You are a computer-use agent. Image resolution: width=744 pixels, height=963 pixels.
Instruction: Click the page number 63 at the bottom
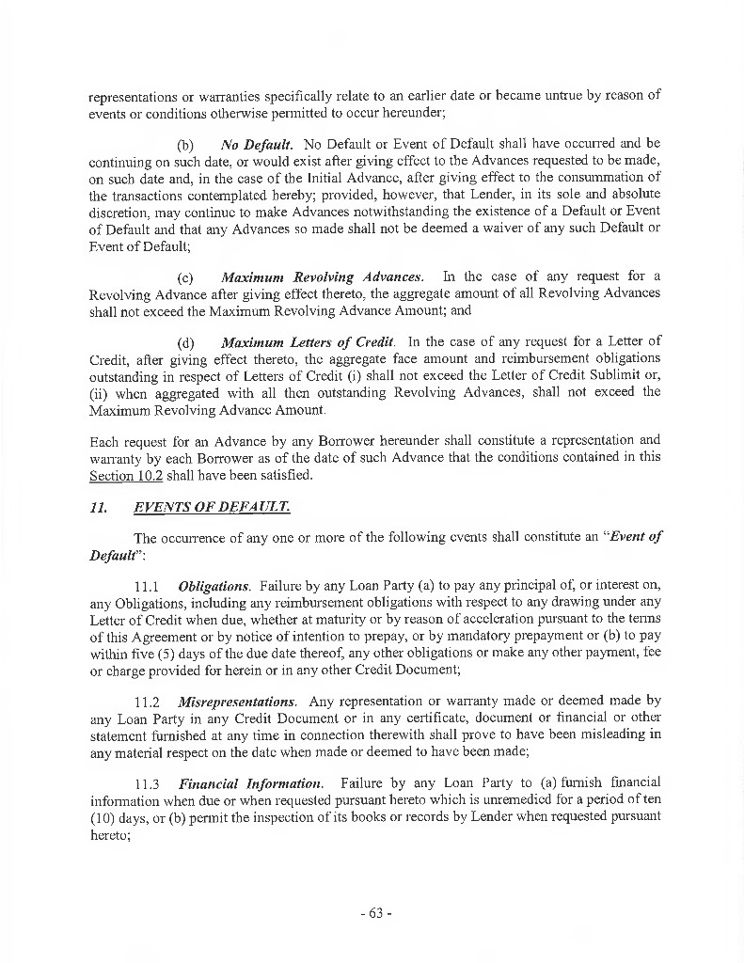(x=373, y=913)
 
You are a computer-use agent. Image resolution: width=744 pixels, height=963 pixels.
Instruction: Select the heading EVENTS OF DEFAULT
(x=212, y=507)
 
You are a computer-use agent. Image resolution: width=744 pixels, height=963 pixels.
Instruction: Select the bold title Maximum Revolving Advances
(x=322, y=277)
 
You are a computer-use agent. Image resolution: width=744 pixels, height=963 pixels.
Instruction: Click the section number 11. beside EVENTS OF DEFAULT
(x=97, y=507)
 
